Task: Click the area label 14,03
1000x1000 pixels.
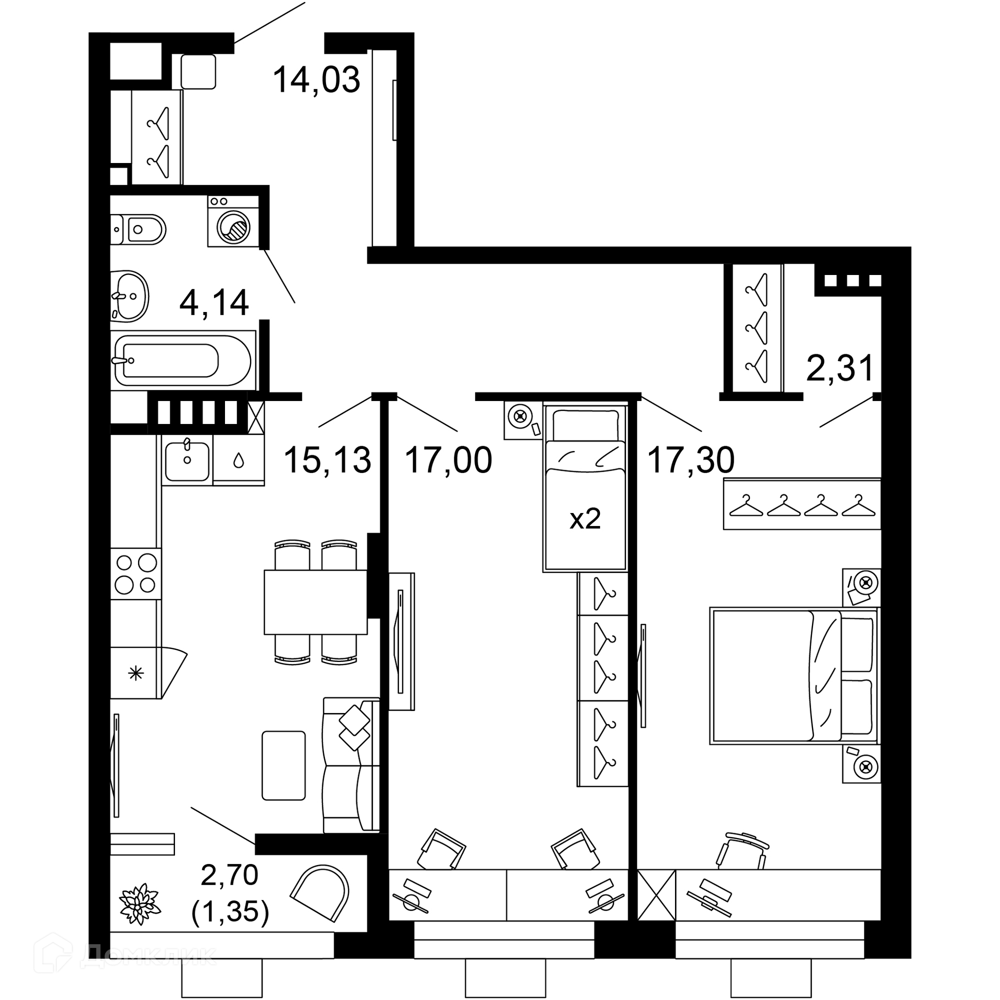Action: [316, 80]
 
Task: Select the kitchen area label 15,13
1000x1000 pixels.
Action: [328, 460]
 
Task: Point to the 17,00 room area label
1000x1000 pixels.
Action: [448, 460]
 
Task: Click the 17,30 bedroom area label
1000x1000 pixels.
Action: [691, 460]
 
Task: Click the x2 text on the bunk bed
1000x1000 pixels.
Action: [585, 519]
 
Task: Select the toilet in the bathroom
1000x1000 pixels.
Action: [138, 229]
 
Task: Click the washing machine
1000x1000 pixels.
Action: [233, 221]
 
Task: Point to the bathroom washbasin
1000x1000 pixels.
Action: [130, 296]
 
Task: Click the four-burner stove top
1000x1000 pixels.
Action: [136, 573]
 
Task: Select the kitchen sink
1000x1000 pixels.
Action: [187, 460]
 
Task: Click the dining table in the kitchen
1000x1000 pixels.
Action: [316, 602]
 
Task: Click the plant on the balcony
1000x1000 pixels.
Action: [139, 918]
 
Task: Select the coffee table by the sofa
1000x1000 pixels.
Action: [284, 765]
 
